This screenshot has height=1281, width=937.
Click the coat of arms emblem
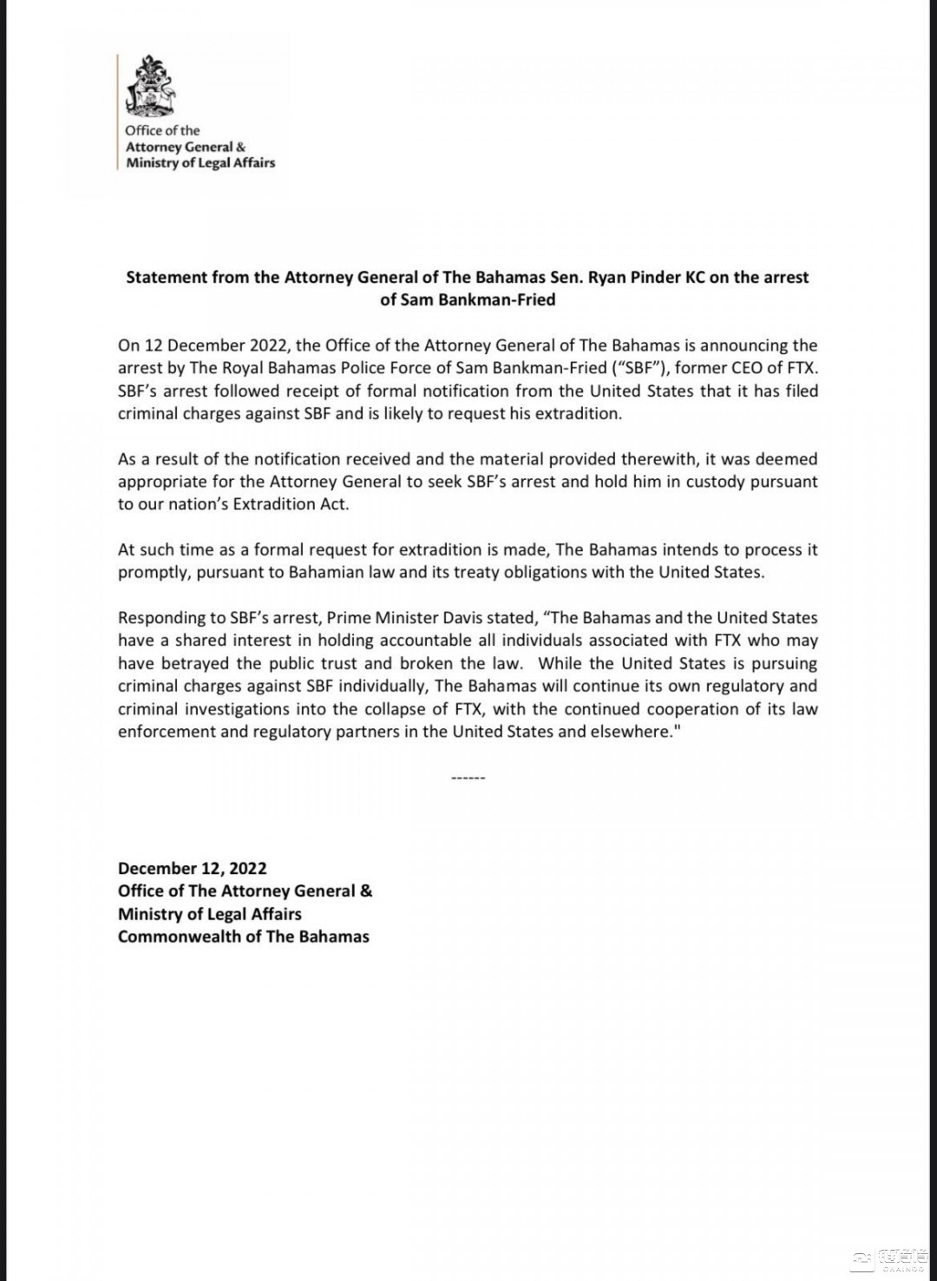click(x=149, y=87)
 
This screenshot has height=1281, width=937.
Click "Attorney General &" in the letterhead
click(x=186, y=147)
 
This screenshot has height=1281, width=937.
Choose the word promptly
click(x=153, y=573)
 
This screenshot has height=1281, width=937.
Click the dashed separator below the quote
click(x=468, y=778)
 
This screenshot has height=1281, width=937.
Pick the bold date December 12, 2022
click(x=193, y=869)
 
